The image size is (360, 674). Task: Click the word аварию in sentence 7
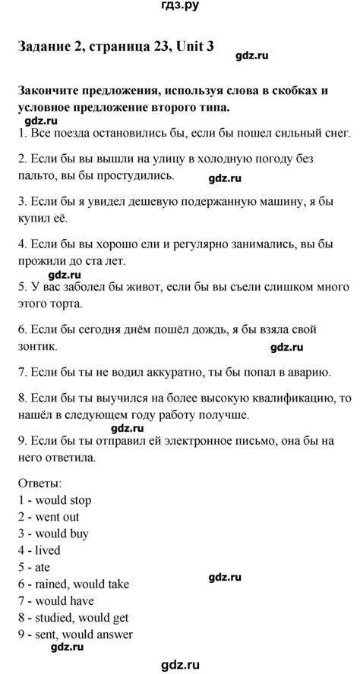[308, 372]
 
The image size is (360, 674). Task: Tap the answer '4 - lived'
[38, 550]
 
